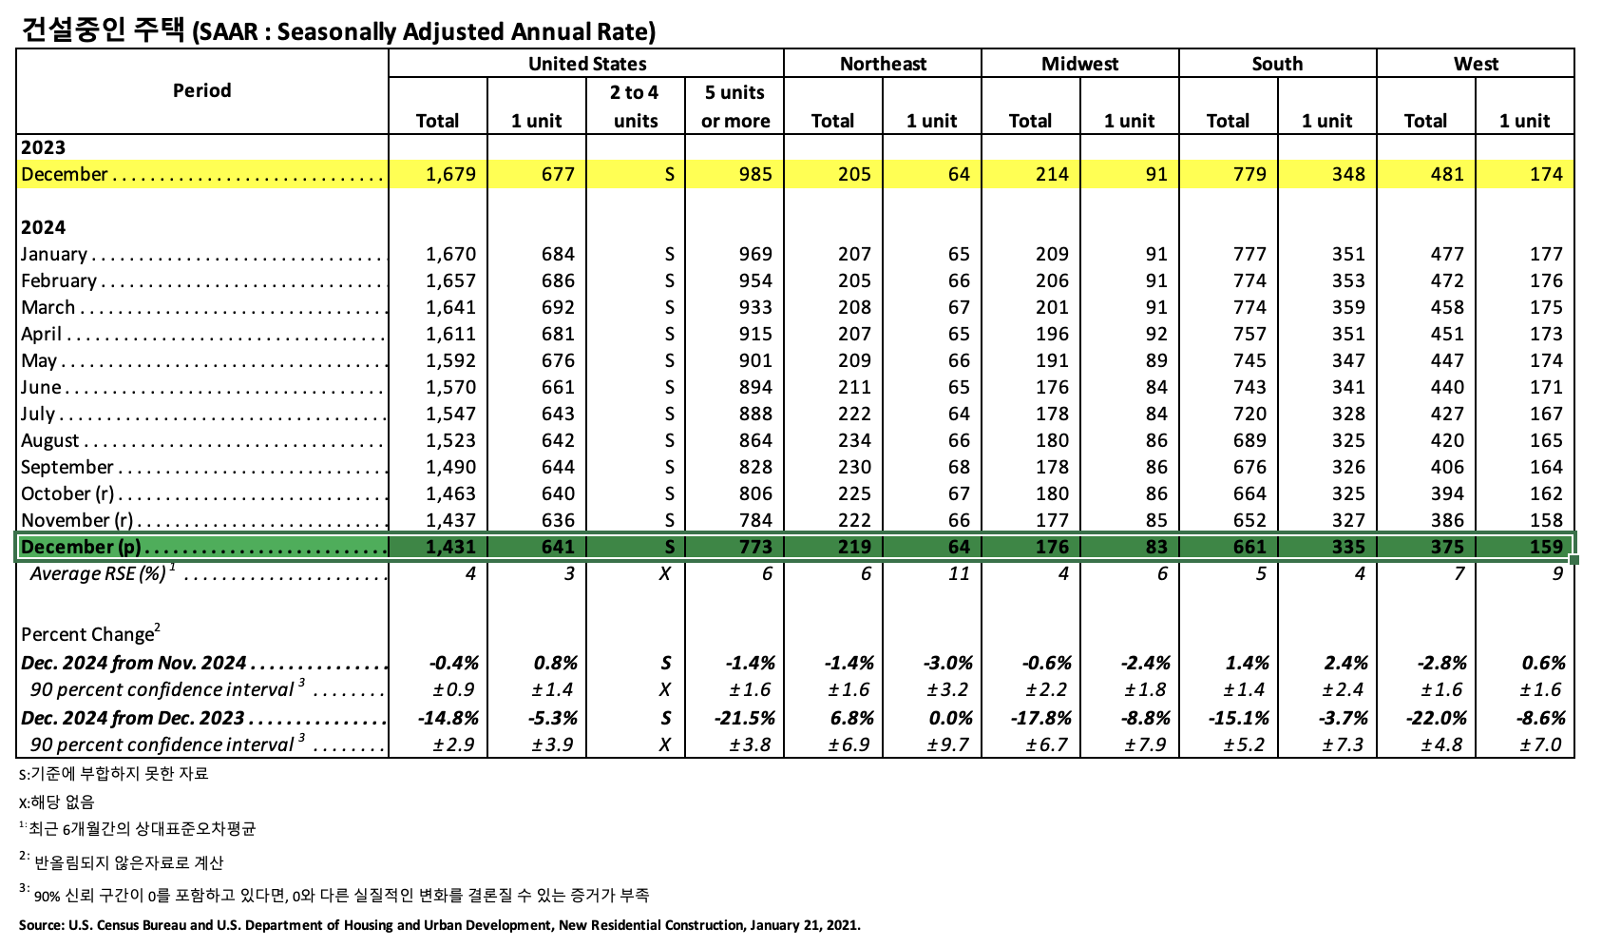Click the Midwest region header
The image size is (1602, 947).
1079,64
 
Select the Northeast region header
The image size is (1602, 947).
883,64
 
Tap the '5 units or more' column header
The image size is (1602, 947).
734,106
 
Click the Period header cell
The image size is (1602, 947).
201,90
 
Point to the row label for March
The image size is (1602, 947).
48,307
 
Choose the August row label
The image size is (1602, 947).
50,440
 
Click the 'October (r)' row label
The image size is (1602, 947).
68,493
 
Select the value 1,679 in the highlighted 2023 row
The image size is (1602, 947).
450,174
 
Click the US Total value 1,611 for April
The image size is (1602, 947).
450,334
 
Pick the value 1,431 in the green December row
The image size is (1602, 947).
450,547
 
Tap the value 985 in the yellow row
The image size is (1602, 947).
755,174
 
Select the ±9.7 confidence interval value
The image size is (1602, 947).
948,744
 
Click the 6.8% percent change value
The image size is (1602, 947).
850,718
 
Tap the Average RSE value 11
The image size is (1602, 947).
959,573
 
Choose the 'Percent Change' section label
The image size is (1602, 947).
88,634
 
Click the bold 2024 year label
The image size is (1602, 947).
44,227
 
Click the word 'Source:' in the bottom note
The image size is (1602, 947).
40,925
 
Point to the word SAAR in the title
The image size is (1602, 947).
228,32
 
